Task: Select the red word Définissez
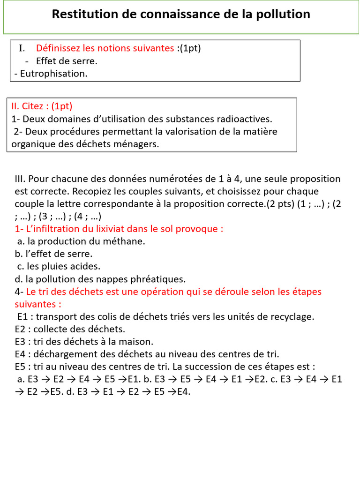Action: [x=58, y=48]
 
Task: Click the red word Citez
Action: [x=33, y=106]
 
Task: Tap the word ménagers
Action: [x=139, y=144]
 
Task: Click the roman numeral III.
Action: [x=21, y=179]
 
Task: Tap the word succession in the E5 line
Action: [x=210, y=367]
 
